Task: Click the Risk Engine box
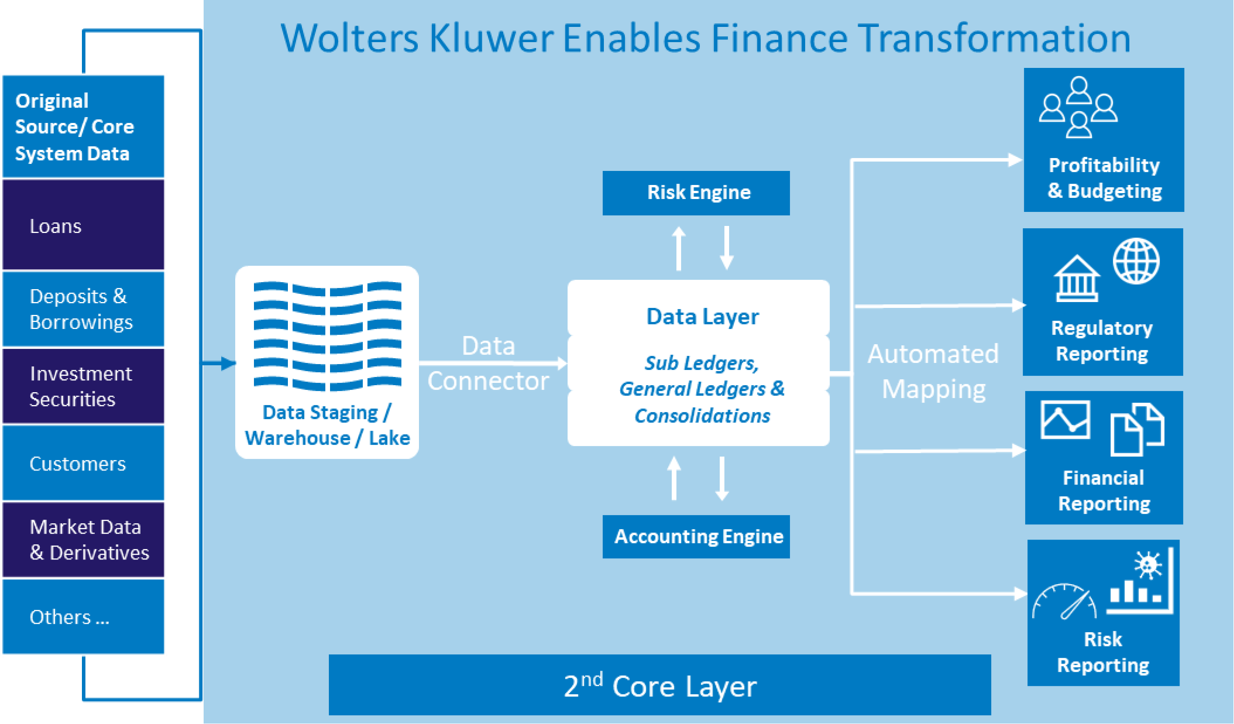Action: pos(696,193)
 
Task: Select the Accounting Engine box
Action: pos(696,536)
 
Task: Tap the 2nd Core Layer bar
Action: pos(659,685)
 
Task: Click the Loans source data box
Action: pos(84,225)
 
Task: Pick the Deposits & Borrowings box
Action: pos(84,309)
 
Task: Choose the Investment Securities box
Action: pos(84,386)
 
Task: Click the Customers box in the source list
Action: pos(84,463)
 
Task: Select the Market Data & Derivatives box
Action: pos(84,540)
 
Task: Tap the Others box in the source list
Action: pos(84,616)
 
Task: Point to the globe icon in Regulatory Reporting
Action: pos(1136,261)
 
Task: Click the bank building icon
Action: pos(1077,279)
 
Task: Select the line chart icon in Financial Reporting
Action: pos(1065,420)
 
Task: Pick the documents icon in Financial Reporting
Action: pos(1137,429)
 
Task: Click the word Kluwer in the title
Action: pos(491,38)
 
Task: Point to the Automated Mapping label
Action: pos(933,371)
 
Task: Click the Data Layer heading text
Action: pos(702,317)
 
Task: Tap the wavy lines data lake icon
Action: pos(327,336)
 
